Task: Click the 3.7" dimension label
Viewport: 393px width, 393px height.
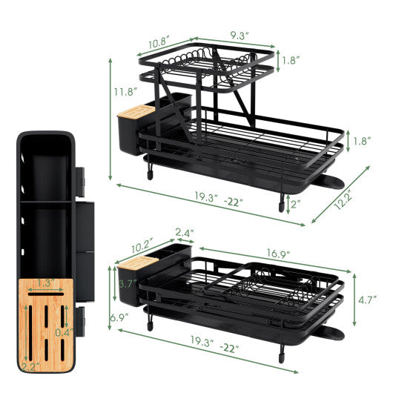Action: pos(127,283)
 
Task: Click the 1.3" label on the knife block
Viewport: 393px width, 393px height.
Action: pos(46,282)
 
